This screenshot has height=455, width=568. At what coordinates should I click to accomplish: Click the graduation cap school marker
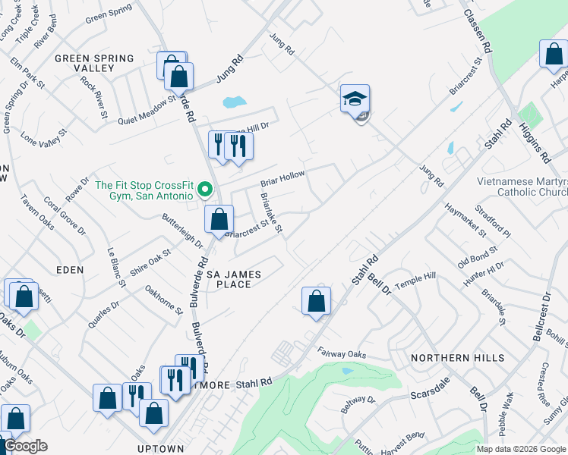[355, 101]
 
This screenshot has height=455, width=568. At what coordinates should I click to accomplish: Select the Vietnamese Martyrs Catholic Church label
[521, 187]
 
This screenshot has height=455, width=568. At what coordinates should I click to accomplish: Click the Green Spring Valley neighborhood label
[94, 63]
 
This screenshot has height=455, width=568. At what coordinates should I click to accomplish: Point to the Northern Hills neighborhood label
[457, 357]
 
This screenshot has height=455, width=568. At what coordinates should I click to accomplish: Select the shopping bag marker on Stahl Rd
[317, 301]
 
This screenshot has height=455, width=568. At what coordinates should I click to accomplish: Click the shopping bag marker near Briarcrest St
[219, 220]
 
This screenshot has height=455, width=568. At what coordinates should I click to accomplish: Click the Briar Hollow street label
[282, 179]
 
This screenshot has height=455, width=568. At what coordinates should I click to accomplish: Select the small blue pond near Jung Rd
[235, 102]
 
